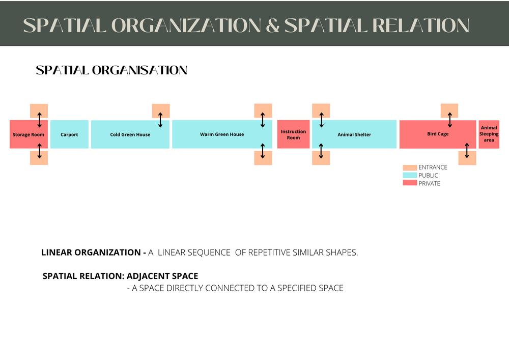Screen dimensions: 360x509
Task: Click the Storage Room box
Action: coord(29,134)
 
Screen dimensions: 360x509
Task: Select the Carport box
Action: coord(69,134)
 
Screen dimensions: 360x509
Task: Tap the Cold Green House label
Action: coord(130,135)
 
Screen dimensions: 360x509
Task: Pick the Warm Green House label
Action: coord(222,134)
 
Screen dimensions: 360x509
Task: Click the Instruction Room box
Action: coord(293,134)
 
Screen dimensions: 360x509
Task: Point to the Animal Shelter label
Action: coord(354,135)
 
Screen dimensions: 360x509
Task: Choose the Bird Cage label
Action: coord(438,134)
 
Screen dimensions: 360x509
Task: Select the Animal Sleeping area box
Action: coord(489,134)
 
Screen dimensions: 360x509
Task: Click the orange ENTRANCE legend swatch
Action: coord(410,168)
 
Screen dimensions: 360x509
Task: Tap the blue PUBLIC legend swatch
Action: coord(410,175)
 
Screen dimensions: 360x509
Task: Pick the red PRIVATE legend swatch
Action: coord(410,183)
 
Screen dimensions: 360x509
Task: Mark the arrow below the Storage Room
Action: coord(39,151)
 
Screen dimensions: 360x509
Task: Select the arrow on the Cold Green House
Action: coord(160,120)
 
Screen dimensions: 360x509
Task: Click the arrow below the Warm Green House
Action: coord(263,151)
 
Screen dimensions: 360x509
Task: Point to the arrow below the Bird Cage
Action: coord(467,151)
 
